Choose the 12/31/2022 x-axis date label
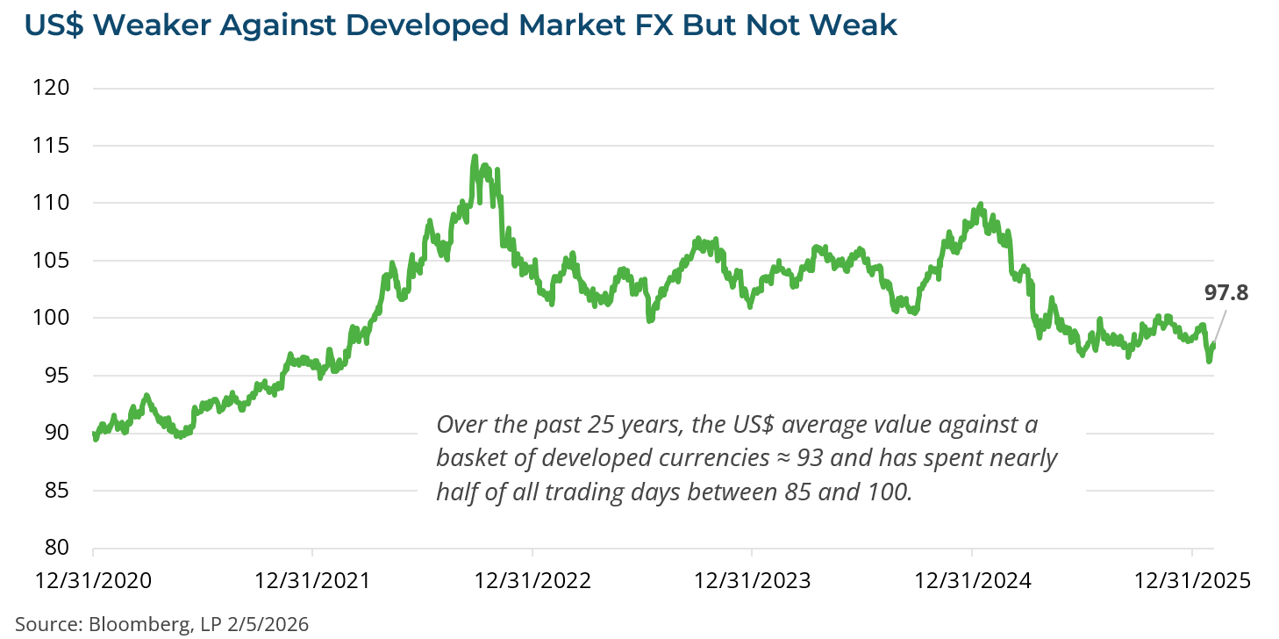(x=532, y=580)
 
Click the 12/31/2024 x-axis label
(x=971, y=580)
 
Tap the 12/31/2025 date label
(x=1191, y=580)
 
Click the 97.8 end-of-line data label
(x=1225, y=293)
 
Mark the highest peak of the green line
(x=475, y=157)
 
